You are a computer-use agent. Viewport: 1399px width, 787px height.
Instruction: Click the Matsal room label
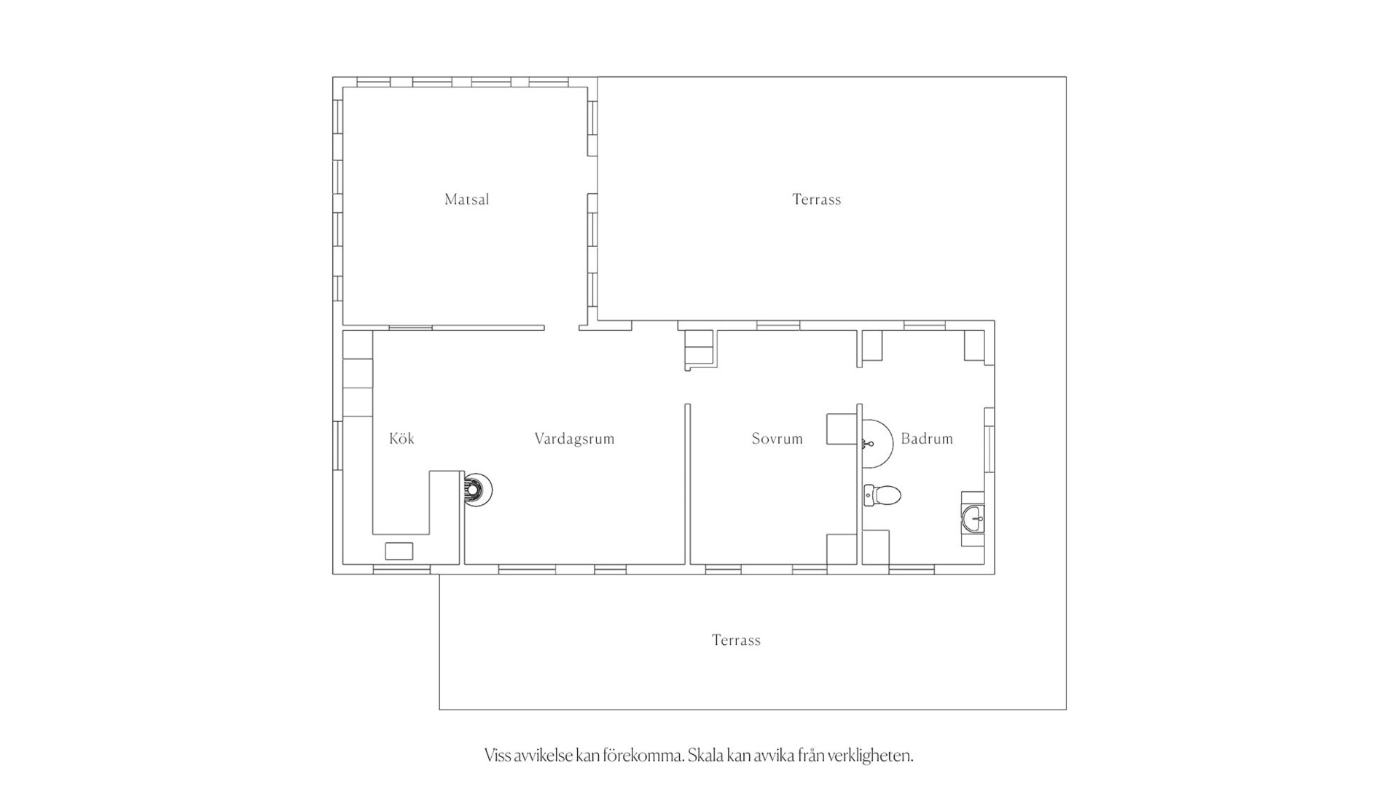[466, 199]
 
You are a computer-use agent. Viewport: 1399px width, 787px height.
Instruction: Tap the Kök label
[401, 438]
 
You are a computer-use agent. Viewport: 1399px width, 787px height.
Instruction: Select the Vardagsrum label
[574, 439]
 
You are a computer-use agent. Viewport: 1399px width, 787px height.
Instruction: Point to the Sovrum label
[777, 439]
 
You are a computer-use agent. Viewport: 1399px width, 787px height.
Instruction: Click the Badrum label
[927, 439]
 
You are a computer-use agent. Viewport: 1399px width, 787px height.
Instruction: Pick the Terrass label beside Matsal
[816, 199]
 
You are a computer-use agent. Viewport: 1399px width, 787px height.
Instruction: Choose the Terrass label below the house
[736, 640]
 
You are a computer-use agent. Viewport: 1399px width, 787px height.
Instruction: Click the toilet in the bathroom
[882, 496]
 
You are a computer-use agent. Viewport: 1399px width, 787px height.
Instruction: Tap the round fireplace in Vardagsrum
[478, 489]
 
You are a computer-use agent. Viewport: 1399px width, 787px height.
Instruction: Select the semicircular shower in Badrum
[877, 443]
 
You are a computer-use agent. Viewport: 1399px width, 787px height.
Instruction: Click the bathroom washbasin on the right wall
[973, 519]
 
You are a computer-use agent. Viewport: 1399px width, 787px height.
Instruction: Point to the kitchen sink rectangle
[399, 551]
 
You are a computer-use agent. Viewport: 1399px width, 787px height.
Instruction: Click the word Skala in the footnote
[705, 756]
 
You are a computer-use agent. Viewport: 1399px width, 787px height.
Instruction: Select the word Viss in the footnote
[497, 756]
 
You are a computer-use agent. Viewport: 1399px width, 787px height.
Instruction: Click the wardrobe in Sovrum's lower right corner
[842, 549]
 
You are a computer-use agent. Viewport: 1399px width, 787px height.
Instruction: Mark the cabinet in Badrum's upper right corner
[974, 345]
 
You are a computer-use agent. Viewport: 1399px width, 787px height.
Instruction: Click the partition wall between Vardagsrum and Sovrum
[687, 484]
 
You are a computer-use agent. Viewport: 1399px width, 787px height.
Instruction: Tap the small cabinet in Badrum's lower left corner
[876, 547]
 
